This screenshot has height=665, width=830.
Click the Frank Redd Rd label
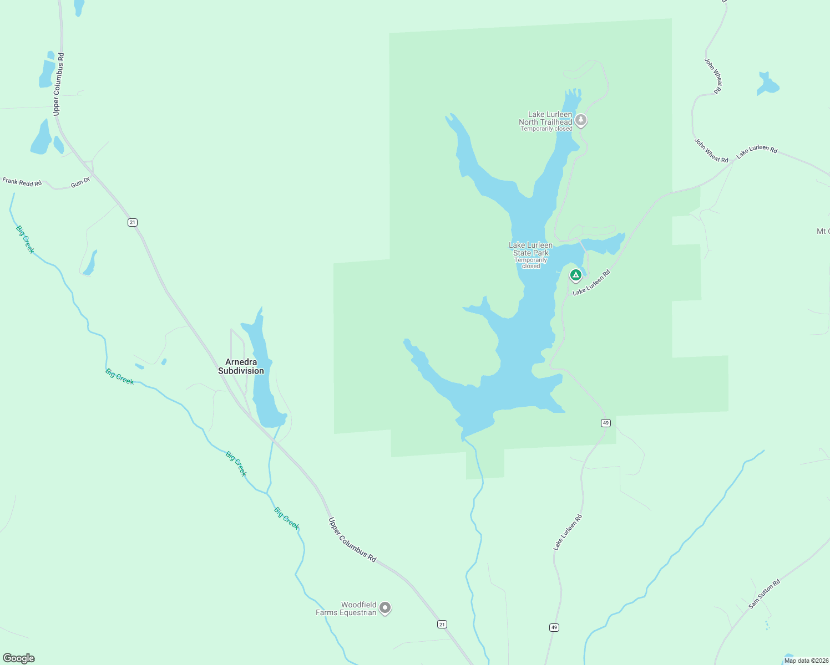(22, 182)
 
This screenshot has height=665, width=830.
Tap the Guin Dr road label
(80, 182)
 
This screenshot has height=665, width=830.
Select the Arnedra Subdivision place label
(241, 366)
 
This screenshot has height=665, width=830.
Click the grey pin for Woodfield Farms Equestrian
(385, 608)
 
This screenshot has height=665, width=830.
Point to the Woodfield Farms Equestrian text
(346, 608)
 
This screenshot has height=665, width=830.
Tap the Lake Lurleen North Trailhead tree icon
(580, 119)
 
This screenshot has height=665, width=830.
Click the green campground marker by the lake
(576, 274)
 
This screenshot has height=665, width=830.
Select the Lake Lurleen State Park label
(531, 249)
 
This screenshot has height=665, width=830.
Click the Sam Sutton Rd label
(764, 594)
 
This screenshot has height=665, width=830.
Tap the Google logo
(19, 658)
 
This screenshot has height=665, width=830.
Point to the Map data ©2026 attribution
(806, 661)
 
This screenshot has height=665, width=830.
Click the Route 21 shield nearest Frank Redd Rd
(132, 222)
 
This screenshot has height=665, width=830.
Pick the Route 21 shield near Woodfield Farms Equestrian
(442, 624)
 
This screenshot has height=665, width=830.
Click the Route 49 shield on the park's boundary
(605, 423)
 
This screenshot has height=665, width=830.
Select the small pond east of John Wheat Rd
(767, 84)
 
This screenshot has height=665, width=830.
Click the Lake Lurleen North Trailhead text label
(545, 118)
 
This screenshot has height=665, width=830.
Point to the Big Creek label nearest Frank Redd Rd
(25, 239)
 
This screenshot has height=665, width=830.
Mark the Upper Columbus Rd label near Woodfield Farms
(352, 540)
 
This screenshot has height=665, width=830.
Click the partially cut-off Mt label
(823, 231)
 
